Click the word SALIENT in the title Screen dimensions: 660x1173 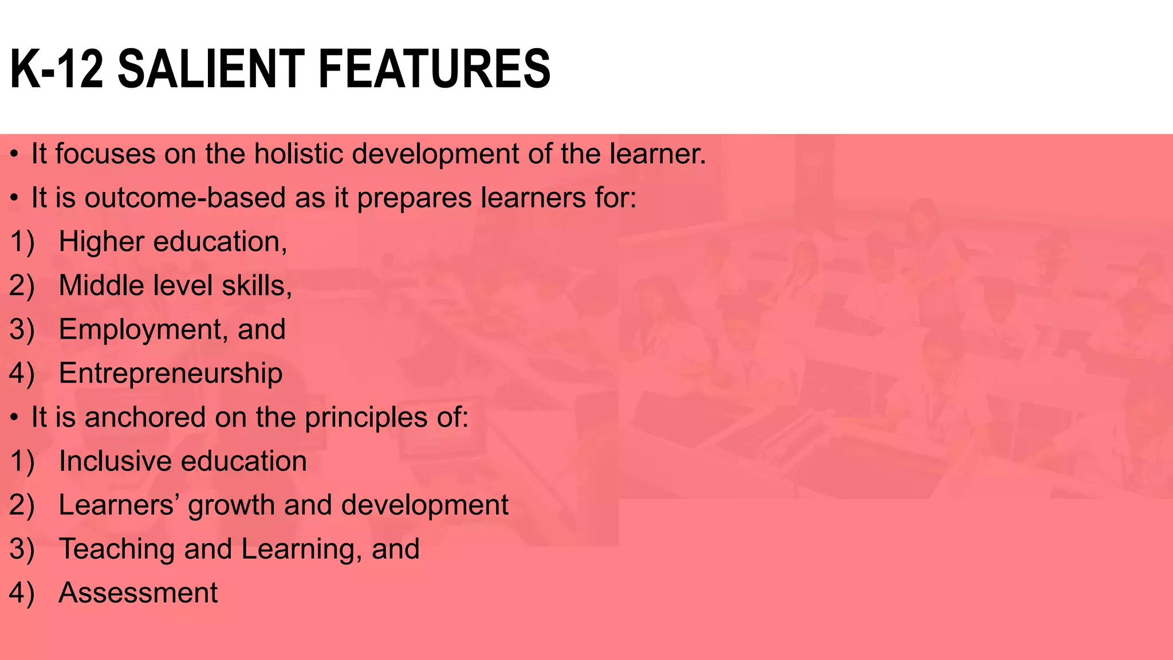click(x=210, y=69)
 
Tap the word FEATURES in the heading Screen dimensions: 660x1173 click(x=434, y=69)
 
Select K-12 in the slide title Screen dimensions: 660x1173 click(x=56, y=69)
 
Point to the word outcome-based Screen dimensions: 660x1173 click(x=185, y=198)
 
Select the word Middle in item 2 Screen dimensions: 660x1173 click(x=101, y=285)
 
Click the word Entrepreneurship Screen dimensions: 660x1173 click(x=170, y=374)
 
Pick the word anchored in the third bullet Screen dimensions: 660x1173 click(x=145, y=417)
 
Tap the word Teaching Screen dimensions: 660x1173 click(x=117, y=549)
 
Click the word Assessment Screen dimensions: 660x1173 click(x=138, y=593)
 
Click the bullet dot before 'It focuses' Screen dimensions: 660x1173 click(x=15, y=155)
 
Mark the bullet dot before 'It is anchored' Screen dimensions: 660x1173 click(x=15, y=418)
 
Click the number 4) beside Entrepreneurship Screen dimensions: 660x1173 click(x=22, y=374)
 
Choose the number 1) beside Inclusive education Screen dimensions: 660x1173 click(x=22, y=462)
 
